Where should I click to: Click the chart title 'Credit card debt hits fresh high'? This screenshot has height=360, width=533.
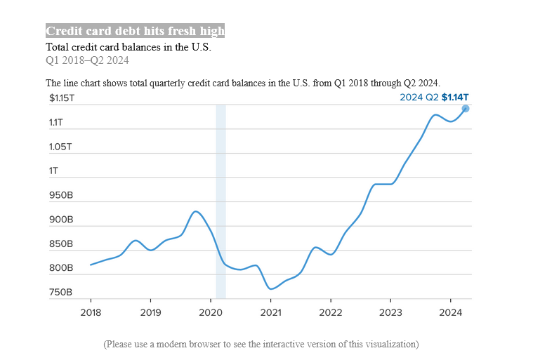click(x=135, y=31)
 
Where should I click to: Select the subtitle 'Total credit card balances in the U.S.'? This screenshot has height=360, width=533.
click(x=129, y=47)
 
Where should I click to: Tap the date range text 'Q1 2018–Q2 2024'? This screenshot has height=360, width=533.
click(x=87, y=60)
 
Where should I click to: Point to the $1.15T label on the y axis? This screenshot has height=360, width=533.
click(x=61, y=98)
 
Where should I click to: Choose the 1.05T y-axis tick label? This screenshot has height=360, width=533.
click(x=60, y=147)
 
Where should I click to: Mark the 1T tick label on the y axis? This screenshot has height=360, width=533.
click(x=53, y=171)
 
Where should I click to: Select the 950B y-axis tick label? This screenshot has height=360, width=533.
click(x=60, y=196)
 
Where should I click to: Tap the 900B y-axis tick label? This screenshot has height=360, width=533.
click(x=60, y=220)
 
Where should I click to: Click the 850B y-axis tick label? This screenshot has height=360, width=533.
click(x=60, y=244)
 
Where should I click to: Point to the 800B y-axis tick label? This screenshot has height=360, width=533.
click(x=60, y=268)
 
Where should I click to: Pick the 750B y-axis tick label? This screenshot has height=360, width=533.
click(x=60, y=293)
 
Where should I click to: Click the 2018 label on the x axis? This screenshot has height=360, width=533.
click(x=91, y=312)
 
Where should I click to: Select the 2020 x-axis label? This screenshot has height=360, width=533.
click(x=211, y=312)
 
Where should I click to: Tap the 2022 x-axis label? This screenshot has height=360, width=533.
click(x=331, y=312)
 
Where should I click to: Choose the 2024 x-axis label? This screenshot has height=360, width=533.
click(x=451, y=312)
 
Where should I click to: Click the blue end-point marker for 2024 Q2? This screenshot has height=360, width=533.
click(x=466, y=108)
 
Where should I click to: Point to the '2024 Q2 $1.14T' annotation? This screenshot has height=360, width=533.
click(x=434, y=98)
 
